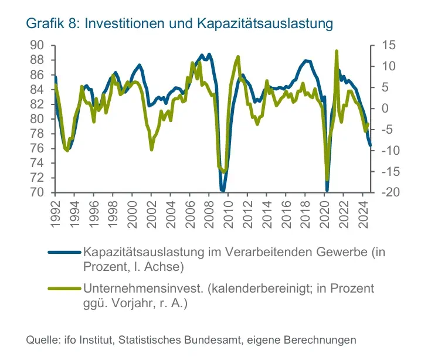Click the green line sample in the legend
(x=64, y=289)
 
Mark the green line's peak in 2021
(x=337, y=52)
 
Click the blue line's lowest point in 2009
(x=223, y=191)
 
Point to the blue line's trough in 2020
(x=327, y=190)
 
